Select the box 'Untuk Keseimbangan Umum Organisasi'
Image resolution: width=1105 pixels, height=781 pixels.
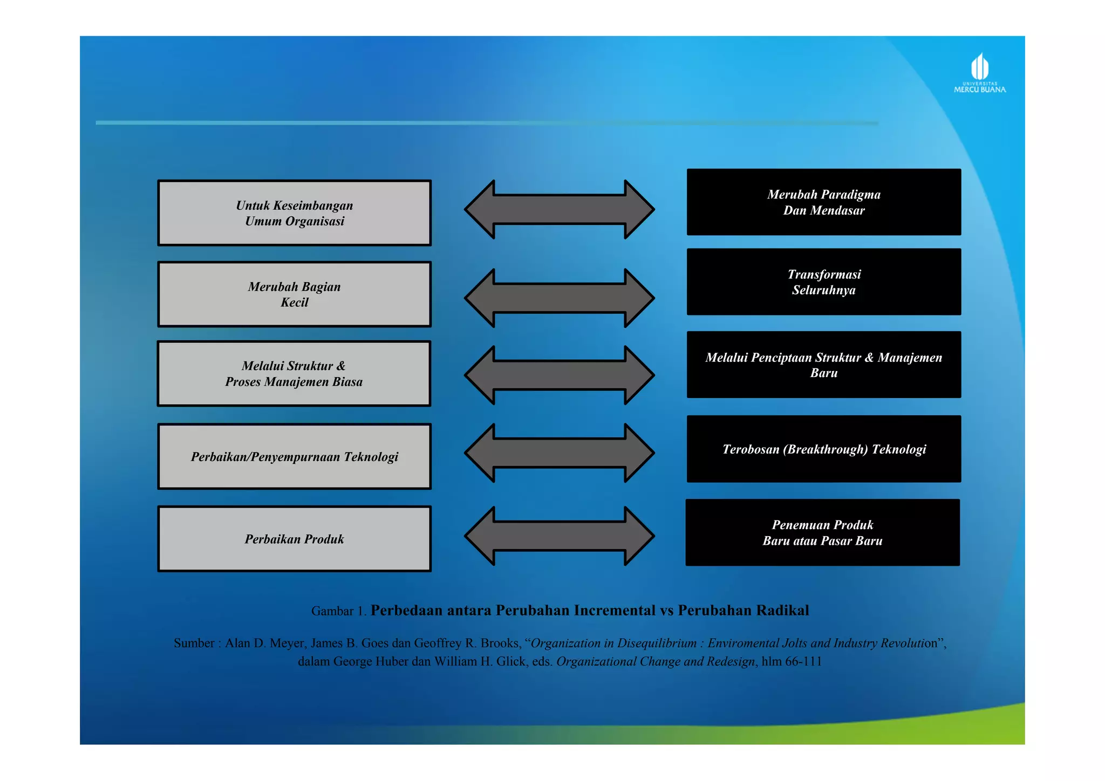[295, 213]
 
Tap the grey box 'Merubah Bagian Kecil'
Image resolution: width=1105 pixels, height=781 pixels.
[295, 294]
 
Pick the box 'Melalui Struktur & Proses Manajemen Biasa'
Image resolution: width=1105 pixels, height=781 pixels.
[294, 374]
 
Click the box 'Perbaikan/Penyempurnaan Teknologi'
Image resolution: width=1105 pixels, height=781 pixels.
[295, 457]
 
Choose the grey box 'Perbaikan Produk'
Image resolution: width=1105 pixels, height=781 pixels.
[295, 539]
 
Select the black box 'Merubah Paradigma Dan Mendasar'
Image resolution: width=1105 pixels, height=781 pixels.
[824, 202]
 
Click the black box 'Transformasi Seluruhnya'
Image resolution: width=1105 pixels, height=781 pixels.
[824, 282]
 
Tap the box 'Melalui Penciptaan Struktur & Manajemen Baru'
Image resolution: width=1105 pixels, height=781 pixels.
[824, 365]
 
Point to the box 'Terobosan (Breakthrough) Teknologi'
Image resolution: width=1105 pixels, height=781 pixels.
[824, 449]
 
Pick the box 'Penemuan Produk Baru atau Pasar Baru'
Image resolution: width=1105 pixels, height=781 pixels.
[823, 533]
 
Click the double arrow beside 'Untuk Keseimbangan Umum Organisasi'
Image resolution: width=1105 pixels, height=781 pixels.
[560, 209]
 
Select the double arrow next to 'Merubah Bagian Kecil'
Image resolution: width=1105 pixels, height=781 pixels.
[560, 298]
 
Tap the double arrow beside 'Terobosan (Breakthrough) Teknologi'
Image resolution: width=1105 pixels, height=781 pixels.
[560, 453]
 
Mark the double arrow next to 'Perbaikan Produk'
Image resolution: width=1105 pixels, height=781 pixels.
[560, 536]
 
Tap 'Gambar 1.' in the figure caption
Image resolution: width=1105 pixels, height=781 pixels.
[339, 611]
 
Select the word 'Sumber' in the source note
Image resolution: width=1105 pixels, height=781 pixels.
[194, 643]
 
